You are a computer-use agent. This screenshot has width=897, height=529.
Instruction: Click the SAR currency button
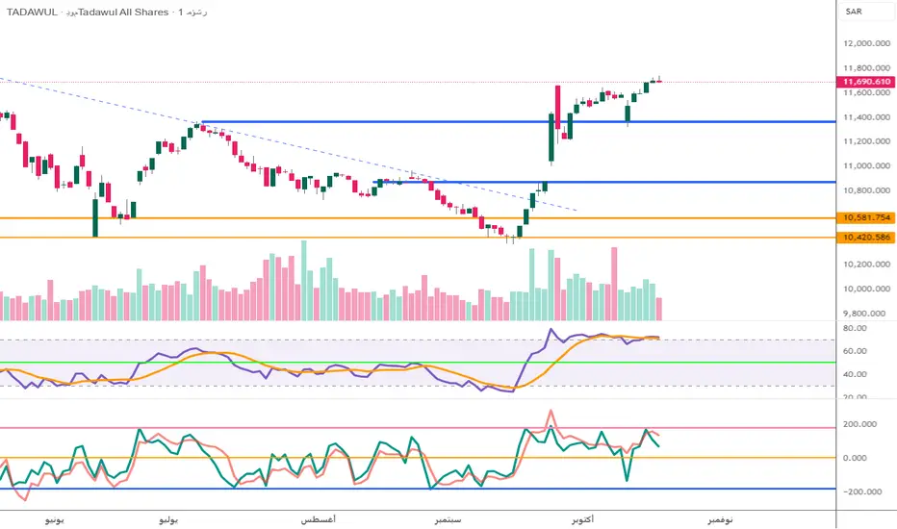(854, 12)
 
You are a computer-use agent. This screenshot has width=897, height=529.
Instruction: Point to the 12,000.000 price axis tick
(864, 44)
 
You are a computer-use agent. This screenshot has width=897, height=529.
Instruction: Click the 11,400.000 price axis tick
(864, 117)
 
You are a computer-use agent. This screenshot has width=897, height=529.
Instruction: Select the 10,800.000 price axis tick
(864, 190)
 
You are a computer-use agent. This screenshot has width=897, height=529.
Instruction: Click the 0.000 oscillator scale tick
(859, 457)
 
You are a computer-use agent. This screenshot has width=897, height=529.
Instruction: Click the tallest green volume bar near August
(304, 280)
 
